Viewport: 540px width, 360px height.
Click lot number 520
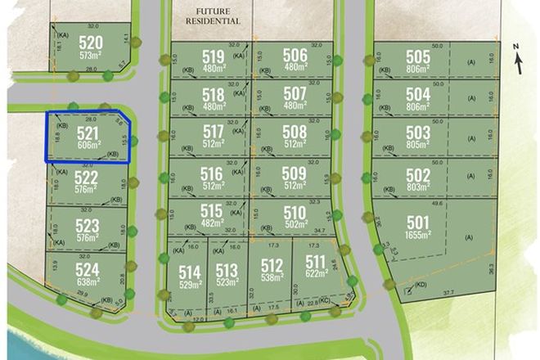coord(91,43)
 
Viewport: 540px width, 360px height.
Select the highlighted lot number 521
coord(87,132)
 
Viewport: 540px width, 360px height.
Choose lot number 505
coord(417,56)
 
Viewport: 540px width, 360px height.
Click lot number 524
coord(87,269)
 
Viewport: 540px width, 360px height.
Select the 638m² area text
coord(87,282)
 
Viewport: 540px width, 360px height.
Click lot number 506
coord(295,55)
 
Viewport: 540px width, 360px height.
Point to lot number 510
coord(295,213)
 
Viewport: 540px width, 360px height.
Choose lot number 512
coord(272,265)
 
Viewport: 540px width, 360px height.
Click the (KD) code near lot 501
coord(420,285)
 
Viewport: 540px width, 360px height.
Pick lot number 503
coord(417,133)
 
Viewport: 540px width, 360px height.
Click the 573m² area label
coord(91,56)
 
